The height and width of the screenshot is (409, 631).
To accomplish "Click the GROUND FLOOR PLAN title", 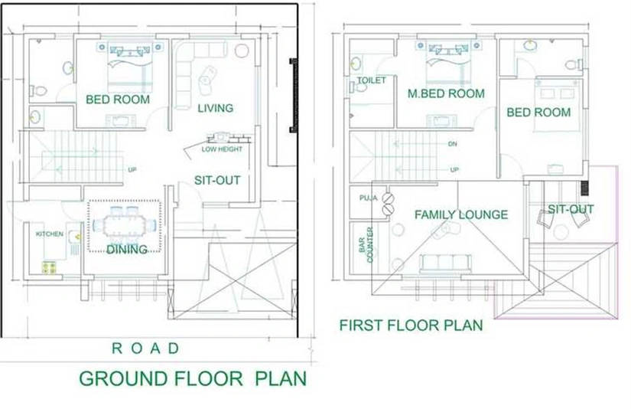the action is pyautogui.click(x=193, y=379).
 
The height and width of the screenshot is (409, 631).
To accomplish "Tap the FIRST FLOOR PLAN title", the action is pyautogui.click(x=411, y=326).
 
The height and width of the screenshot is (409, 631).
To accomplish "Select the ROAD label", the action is pyautogui.click(x=145, y=348).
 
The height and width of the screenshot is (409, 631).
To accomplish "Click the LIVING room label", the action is pyautogui.click(x=215, y=108).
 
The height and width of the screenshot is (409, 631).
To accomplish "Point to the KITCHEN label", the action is pyautogui.click(x=50, y=234).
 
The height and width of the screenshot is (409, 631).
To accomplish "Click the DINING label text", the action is pyautogui.click(x=127, y=250).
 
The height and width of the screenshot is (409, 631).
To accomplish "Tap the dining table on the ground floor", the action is pyautogui.click(x=125, y=225).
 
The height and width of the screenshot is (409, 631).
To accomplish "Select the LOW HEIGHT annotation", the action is pyautogui.click(x=222, y=149).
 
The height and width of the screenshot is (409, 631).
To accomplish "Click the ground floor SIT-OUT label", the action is pyautogui.click(x=217, y=180).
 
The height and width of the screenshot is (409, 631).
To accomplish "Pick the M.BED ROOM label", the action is pyautogui.click(x=446, y=93).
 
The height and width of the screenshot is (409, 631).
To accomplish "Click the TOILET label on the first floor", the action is pyautogui.click(x=372, y=80).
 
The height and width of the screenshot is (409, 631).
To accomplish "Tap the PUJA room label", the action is pyautogui.click(x=368, y=198).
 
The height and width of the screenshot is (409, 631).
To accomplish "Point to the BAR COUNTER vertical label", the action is pyautogui.click(x=366, y=245).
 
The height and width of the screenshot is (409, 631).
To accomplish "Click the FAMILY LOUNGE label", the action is pyautogui.click(x=461, y=214).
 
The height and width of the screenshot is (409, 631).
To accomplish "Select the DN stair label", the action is pyautogui.click(x=453, y=144).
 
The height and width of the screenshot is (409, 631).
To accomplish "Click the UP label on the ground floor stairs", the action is pyautogui.click(x=132, y=169).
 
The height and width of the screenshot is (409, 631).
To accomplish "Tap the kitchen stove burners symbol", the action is pyautogui.click(x=49, y=268).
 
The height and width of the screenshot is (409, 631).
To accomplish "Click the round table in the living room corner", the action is pyautogui.click(x=242, y=51).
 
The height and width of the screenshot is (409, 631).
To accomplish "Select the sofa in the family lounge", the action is pyautogui.click(x=445, y=263).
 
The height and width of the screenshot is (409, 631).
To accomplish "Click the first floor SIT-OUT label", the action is pyautogui.click(x=571, y=209).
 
